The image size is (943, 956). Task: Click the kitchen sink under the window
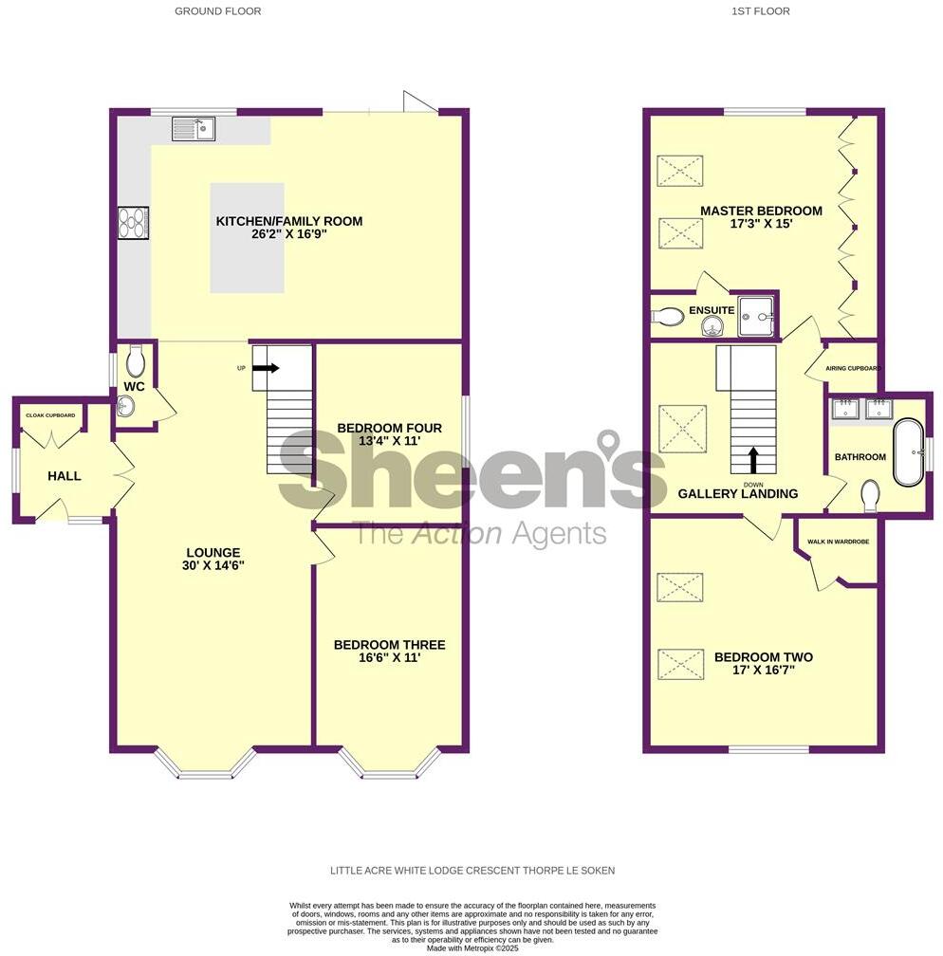pyautogui.click(x=194, y=128)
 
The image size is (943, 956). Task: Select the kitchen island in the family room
pyautogui.click(x=247, y=237)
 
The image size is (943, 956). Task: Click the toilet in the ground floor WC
pyautogui.click(x=134, y=361)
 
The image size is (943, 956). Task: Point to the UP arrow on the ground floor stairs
pyautogui.click(x=266, y=368)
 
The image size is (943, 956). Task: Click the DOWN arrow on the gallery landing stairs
pyautogui.click(x=754, y=460)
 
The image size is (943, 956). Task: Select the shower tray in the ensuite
pyautogui.click(x=757, y=313)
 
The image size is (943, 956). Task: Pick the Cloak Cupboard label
pyautogui.click(x=49, y=415)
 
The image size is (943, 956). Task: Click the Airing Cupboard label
pyautogui.click(x=854, y=368)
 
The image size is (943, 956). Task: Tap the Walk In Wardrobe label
pyautogui.click(x=838, y=542)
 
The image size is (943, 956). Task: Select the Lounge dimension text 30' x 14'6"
pyautogui.click(x=213, y=565)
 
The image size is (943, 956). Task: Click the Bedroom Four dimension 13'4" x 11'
pyautogui.click(x=390, y=441)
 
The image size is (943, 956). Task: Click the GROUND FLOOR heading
pyautogui.click(x=218, y=11)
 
